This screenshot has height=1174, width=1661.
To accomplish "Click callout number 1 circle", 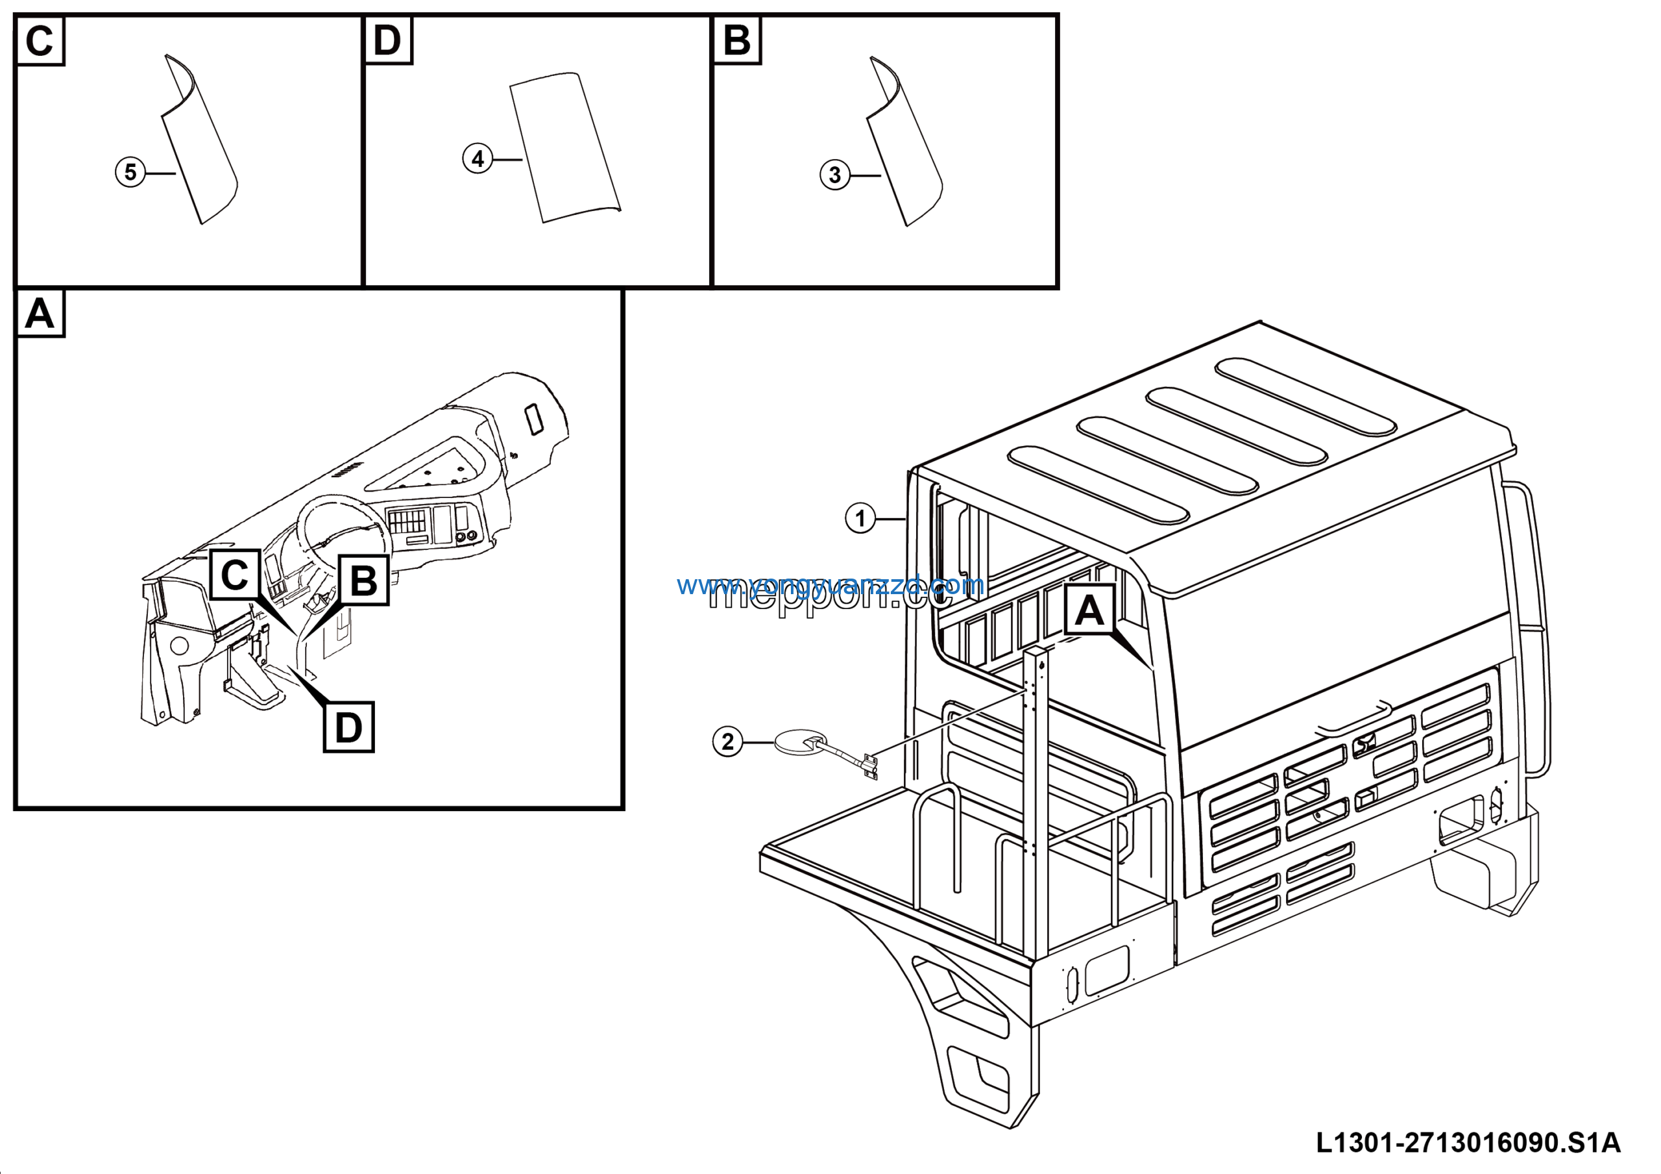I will [x=860, y=518].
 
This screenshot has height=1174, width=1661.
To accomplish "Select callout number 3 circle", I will [x=834, y=175].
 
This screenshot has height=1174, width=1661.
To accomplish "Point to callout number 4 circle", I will [x=478, y=158].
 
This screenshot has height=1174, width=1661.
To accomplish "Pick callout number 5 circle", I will [x=130, y=172].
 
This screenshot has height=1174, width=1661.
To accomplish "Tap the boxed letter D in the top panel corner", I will [x=388, y=40].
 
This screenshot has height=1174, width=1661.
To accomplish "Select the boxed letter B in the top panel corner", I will [x=736, y=40].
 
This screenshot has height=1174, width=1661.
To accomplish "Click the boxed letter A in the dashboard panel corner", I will [x=40, y=314].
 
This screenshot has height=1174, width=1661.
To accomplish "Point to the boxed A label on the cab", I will [x=1089, y=610].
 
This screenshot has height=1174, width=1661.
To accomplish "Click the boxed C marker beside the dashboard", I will [x=234, y=575].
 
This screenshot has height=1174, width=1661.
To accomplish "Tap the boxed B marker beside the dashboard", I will [x=363, y=581].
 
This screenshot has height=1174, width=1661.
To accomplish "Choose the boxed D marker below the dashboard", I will [x=348, y=727].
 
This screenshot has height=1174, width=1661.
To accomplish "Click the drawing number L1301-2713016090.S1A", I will [x=1468, y=1142].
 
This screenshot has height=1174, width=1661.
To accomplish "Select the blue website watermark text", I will [x=830, y=584].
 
